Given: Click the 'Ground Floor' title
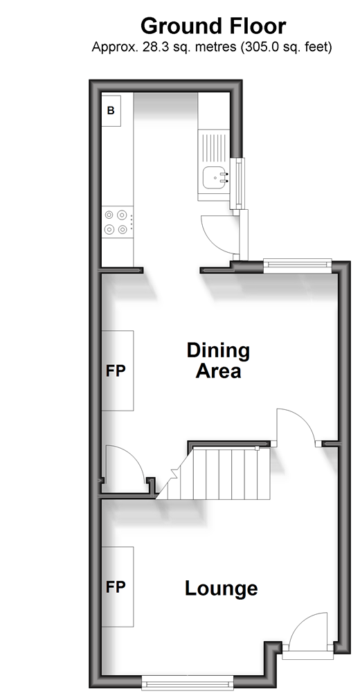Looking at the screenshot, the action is coord(213,27).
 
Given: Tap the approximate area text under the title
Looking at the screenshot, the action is coord(212,47).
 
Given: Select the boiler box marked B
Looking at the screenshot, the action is coord(111,110).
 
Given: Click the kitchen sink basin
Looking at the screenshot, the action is coord(214,177).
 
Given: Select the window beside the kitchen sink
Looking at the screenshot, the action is coord(240,184).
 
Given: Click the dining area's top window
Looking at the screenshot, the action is coord(298,266).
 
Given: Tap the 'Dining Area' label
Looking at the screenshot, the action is coord(219,361).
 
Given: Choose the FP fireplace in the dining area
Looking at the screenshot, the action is coord(118,370).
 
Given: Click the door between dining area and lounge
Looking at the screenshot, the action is coord(296,427).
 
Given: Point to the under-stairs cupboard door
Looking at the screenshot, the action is coord(125,463).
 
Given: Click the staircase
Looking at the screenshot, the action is coord(214,473).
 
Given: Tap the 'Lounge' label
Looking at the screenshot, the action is coord(221,589).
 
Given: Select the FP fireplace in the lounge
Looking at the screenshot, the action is coord(118,587).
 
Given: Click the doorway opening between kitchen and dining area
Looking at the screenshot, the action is coord(172,270).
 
